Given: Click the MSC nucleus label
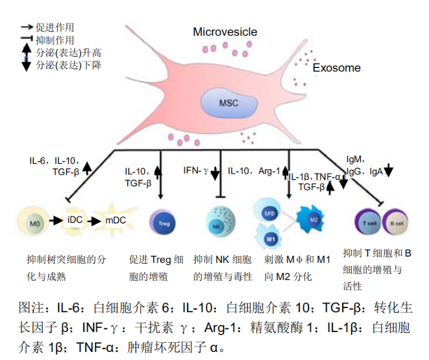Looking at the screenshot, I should tap(228, 103).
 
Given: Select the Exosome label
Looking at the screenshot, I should tap(336, 68).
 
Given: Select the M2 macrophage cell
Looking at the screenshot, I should tap(313, 219).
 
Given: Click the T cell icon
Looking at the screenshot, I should tap(367, 222).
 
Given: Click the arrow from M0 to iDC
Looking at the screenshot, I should tap(55, 220).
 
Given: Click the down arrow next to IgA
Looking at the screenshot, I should tap(388, 170).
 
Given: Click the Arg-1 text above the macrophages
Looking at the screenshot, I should tap(269, 170).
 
